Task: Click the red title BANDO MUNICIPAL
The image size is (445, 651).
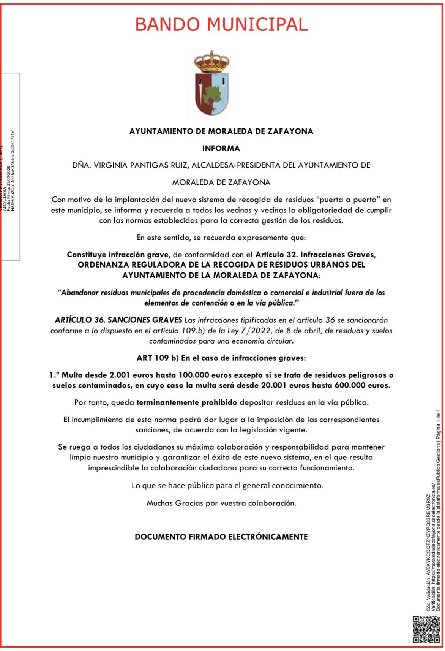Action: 221,25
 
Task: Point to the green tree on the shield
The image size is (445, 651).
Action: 211,95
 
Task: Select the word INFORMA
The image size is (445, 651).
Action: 221,148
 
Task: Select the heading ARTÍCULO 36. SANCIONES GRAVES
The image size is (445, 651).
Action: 118,320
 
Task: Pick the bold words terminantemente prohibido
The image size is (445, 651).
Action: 186,402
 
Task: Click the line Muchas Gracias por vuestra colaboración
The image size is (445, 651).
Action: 221,503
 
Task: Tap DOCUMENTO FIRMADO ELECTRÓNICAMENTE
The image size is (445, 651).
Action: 221,537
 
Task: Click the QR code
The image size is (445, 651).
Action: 426,632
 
